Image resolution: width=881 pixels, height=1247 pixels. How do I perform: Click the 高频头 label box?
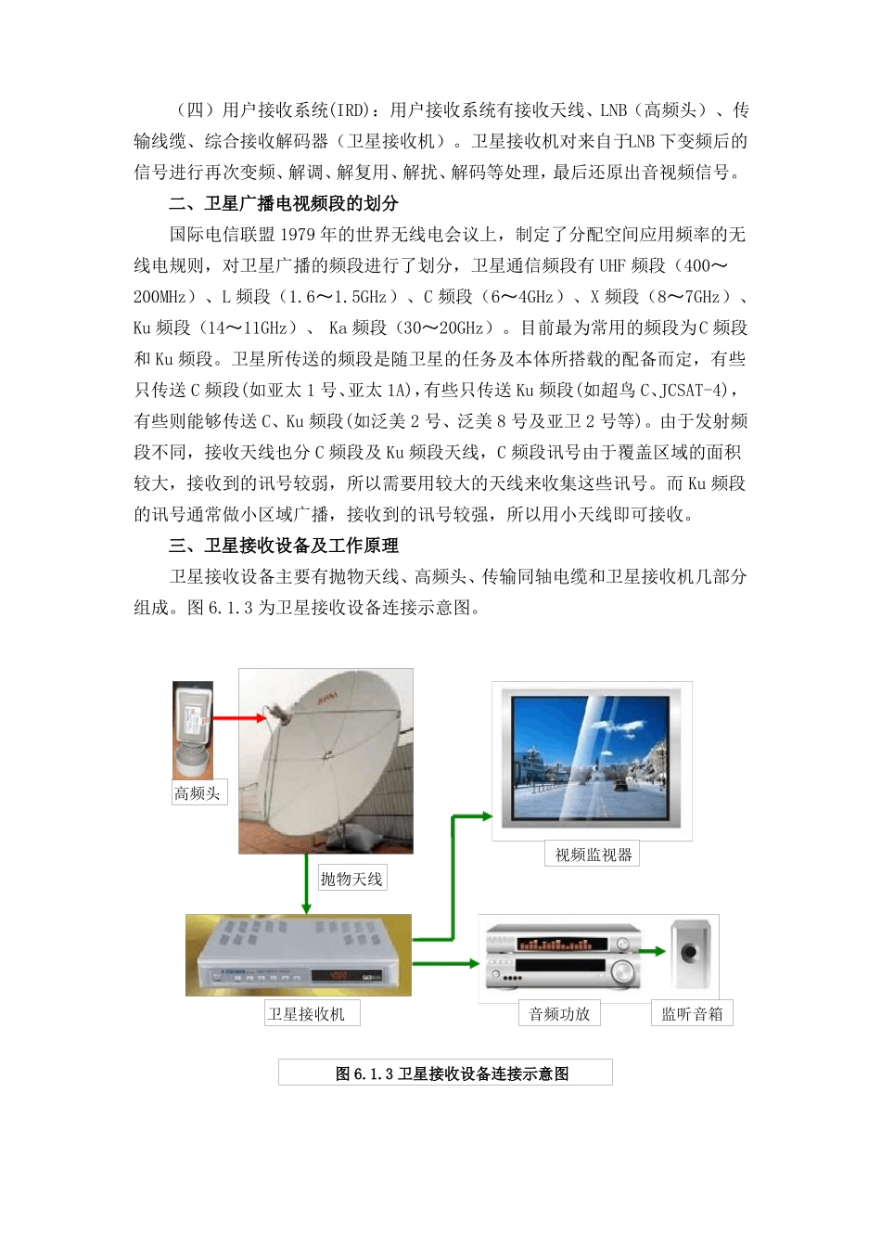coord(198,793)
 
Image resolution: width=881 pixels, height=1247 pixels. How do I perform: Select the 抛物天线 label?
coord(351,879)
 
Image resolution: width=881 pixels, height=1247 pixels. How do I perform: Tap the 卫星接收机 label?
coord(306,1014)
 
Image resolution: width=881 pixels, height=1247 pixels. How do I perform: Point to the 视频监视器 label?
coord(594,855)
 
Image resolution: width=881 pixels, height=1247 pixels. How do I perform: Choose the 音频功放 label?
coord(559,1014)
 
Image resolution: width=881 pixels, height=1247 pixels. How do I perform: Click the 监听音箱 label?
coord(692,1014)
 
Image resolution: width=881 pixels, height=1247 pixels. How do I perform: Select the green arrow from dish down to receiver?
coord(306,886)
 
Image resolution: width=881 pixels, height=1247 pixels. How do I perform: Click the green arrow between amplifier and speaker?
coord(655,951)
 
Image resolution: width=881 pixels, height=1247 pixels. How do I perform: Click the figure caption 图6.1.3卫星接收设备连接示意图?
coord(445,1073)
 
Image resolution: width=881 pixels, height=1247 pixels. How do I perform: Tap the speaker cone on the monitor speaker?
coord(690,952)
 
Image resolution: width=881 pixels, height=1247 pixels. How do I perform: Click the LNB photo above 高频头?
coord(193,730)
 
